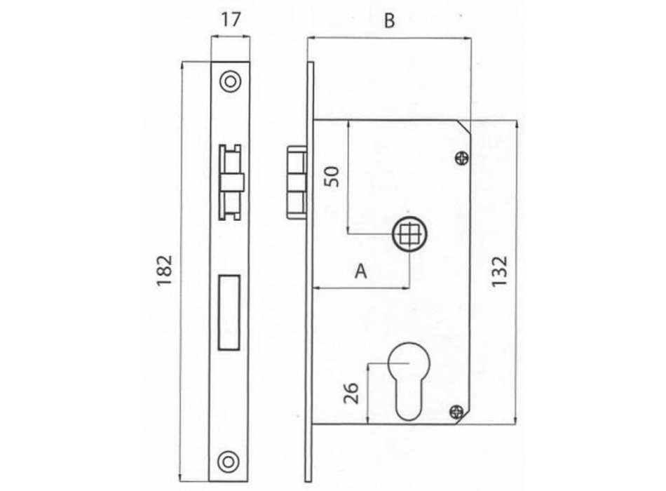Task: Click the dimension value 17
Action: pos(231,20)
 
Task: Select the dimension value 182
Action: pos(165,270)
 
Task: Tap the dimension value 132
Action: pos(499,271)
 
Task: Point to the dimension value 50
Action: pos(332,177)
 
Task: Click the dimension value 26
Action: pos(351,394)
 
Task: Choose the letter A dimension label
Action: pos(360,271)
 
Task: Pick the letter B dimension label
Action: pos(390,20)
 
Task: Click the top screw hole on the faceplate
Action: pos(230,81)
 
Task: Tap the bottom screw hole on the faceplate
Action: pos(228,462)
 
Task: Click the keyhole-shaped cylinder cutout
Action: pos(409,380)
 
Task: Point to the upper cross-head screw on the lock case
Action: pos(462,159)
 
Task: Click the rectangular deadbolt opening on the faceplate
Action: pos(229,312)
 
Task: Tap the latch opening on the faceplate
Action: pos(230,182)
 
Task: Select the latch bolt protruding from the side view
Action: pos(297,182)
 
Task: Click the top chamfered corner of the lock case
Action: pos(464,127)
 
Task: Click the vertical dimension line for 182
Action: pos(182,271)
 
